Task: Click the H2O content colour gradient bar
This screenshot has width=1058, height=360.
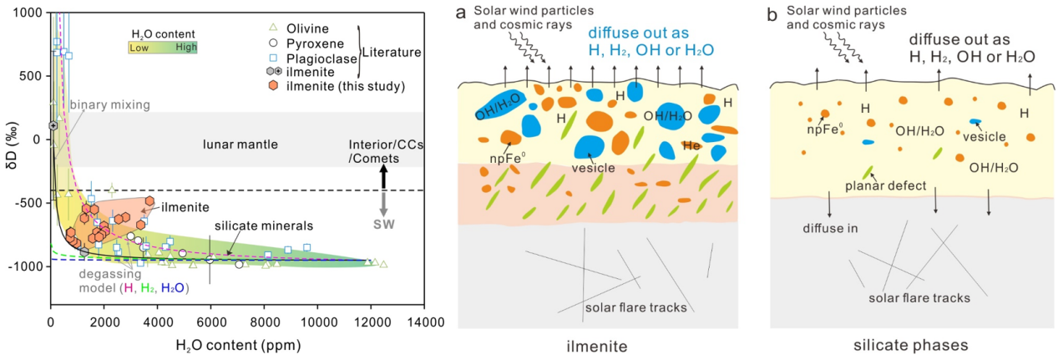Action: (x=164, y=48)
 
